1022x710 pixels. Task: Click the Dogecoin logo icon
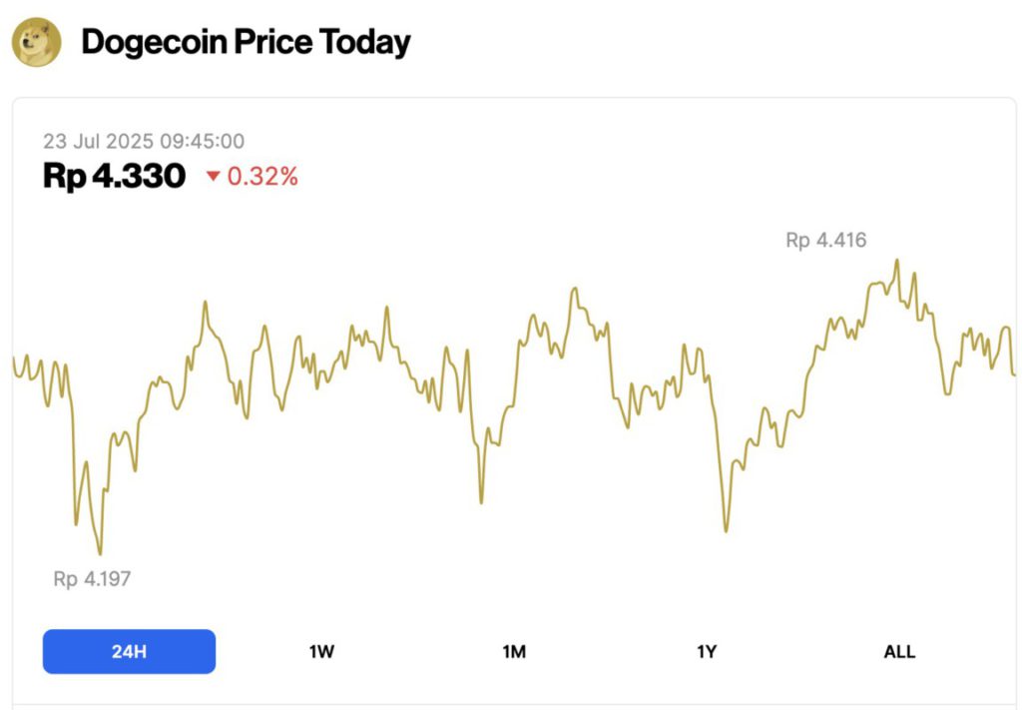coord(37,43)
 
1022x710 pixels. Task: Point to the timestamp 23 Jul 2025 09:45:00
coord(143,142)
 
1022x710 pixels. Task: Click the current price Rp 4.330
coord(114,177)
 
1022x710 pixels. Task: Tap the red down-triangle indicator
coord(213,178)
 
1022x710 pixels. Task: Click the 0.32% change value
coord(262,177)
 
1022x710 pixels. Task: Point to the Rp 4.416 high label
coord(825,240)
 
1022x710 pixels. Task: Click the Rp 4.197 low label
coord(92,578)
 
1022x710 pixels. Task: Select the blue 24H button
coord(129,652)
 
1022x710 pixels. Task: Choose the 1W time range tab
coord(321,652)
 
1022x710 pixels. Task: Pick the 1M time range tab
coord(514,652)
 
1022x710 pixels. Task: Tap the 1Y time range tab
coord(707,652)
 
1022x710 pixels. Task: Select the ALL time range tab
coord(899,652)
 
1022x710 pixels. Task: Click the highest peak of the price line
coord(897,261)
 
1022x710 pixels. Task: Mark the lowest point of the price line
coord(100,553)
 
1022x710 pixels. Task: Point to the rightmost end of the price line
coord(1014,374)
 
